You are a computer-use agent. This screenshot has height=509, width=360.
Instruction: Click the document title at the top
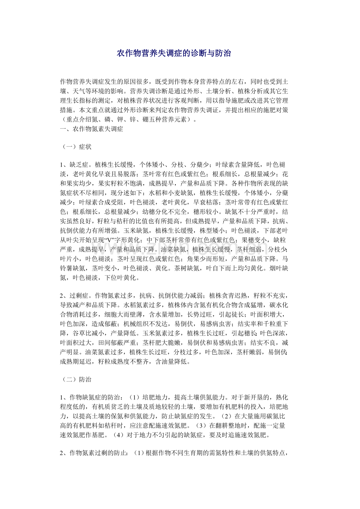[x=174, y=53]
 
